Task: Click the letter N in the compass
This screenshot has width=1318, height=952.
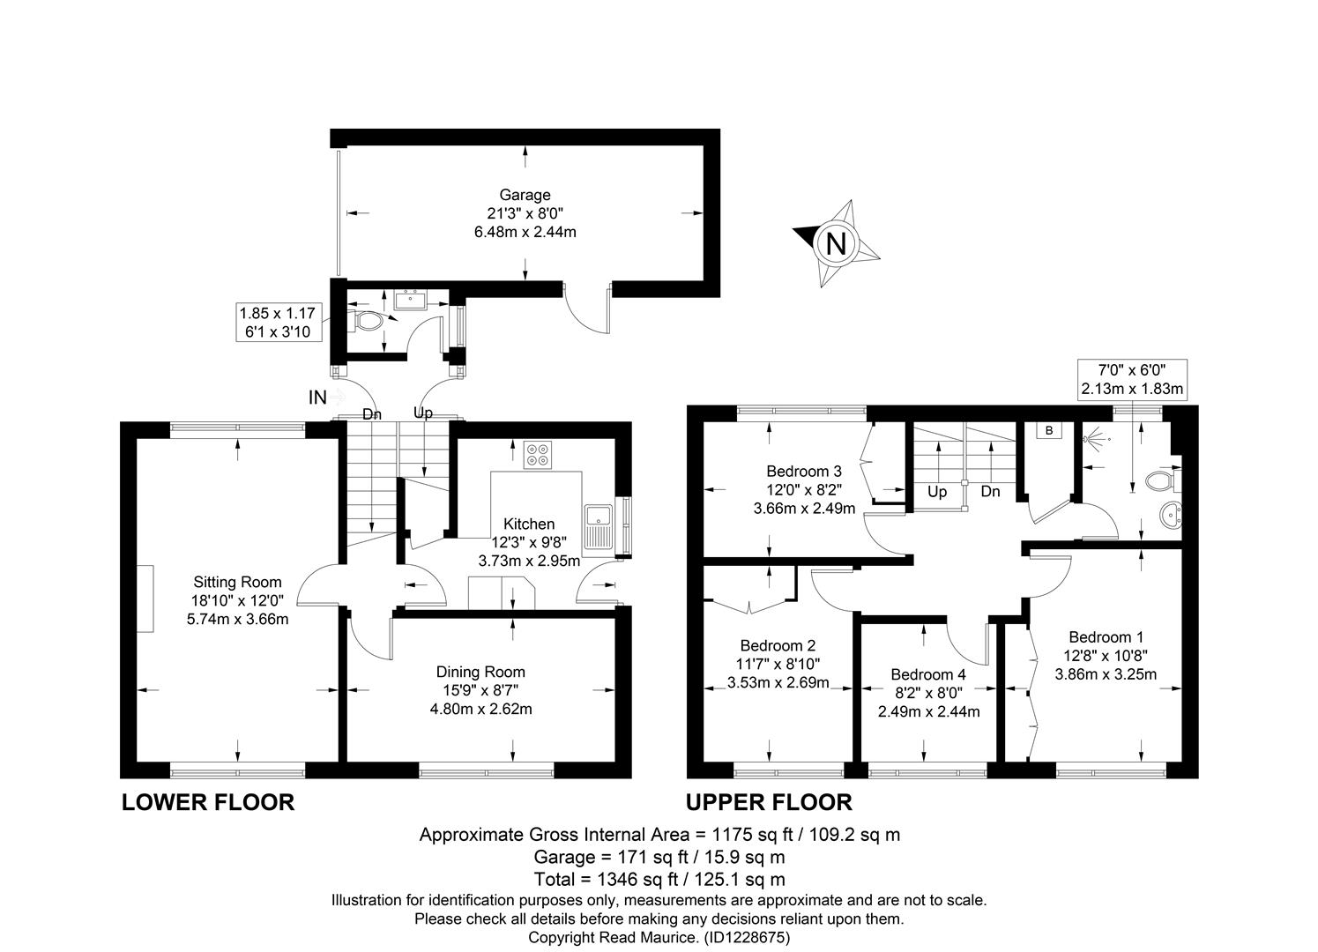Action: click(x=836, y=243)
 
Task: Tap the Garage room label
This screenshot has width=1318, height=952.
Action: click(x=525, y=195)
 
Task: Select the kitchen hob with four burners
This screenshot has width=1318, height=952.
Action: click(x=538, y=455)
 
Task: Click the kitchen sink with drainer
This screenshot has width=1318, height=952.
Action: click(x=599, y=530)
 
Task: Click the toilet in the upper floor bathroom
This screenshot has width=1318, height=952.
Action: click(x=1163, y=480)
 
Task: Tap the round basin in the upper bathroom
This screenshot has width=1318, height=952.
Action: click(x=1170, y=516)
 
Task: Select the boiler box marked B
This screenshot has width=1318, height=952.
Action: click(x=1048, y=431)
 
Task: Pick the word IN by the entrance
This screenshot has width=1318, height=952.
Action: click(x=317, y=398)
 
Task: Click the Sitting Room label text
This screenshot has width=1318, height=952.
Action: click(x=237, y=582)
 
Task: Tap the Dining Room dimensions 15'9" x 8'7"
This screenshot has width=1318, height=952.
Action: click(x=480, y=689)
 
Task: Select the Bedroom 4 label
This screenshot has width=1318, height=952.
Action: click(x=928, y=674)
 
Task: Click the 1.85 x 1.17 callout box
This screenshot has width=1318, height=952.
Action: click(x=279, y=322)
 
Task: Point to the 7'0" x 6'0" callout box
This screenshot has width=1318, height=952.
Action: click(x=1132, y=380)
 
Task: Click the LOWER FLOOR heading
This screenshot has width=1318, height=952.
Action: click(x=208, y=802)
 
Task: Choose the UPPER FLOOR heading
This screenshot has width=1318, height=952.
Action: click(x=769, y=802)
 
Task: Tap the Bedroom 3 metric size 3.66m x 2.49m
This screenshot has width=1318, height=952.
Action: click(x=804, y=509)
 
